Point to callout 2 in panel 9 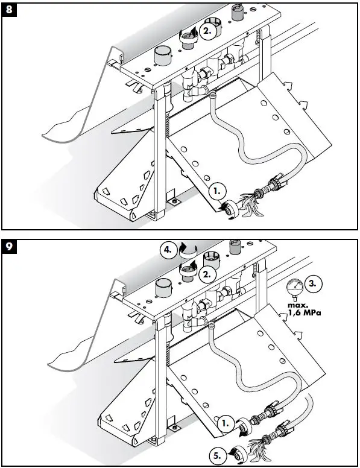208,274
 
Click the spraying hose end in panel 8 248,200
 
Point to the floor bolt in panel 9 174,428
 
